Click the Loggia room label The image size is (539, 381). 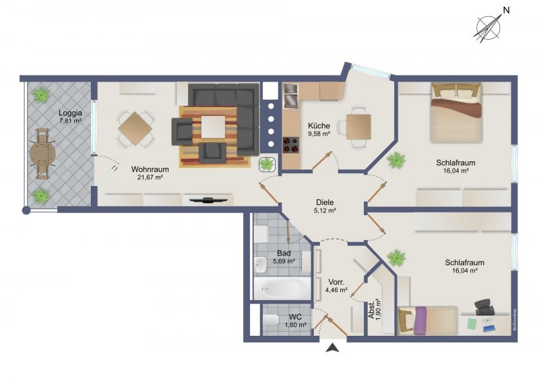click(70, 113)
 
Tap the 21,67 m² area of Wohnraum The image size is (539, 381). click(150, 177)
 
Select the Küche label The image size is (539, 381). click(319, 125)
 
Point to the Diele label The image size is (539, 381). click(325, 202)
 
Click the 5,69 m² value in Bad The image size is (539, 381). click(284, 261)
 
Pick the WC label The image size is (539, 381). click(295, 317)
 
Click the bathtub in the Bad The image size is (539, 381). click(282, 289)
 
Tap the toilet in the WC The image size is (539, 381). click(271, 320)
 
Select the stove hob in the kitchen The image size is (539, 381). click(291, 144)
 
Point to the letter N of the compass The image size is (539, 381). click(506, 10)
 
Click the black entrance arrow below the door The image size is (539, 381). click(333, 348)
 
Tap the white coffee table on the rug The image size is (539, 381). click(213, 127)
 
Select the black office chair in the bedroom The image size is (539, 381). click(484, 307)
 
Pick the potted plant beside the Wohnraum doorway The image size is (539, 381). click(267, 164)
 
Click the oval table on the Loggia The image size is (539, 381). click(42, 154)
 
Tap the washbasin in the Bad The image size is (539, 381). click(260, 266)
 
